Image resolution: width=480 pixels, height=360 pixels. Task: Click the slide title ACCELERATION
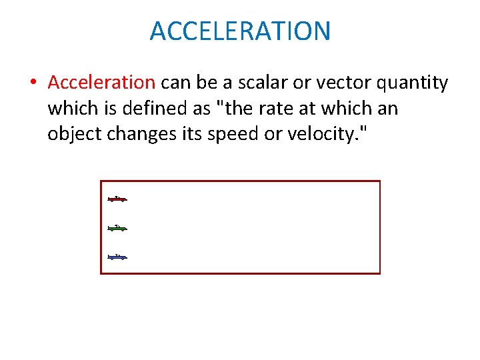tap(240, 31)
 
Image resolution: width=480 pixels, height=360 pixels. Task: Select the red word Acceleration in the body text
tap(101, 83)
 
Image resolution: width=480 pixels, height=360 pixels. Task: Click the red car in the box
tap(117, 199)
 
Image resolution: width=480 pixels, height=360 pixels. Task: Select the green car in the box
tap(117, 228)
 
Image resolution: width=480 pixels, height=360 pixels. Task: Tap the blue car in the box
tap(117, 257)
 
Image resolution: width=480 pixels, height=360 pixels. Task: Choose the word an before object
tap(387, 109)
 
